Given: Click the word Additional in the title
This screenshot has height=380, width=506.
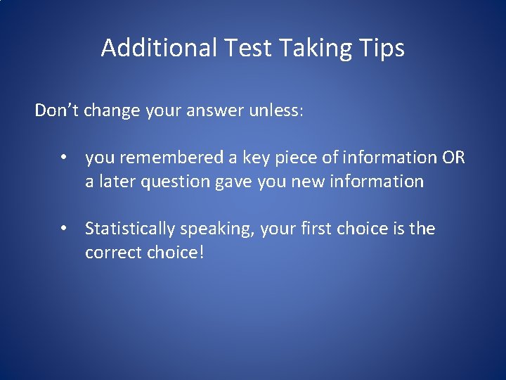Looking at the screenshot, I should click(160, 49).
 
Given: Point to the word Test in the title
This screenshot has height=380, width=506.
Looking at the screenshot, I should click(249, 49).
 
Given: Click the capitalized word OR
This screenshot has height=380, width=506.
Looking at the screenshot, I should click(453, 158).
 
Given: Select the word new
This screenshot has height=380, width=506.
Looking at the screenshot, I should click(306, 182).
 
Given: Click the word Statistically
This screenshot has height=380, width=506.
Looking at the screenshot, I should click(130, 229).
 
